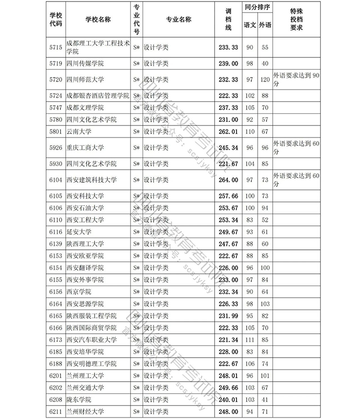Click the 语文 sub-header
coord(250,25)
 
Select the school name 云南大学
coord(79,131)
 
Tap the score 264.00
coord(228,180)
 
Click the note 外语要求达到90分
coord(296,79)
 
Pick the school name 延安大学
coord(79,232)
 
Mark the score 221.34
coord(228,339)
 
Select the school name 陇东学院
coord(79,399)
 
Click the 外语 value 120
coord(265,80)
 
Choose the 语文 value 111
coord(250,339)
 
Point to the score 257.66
coord(228,195)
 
